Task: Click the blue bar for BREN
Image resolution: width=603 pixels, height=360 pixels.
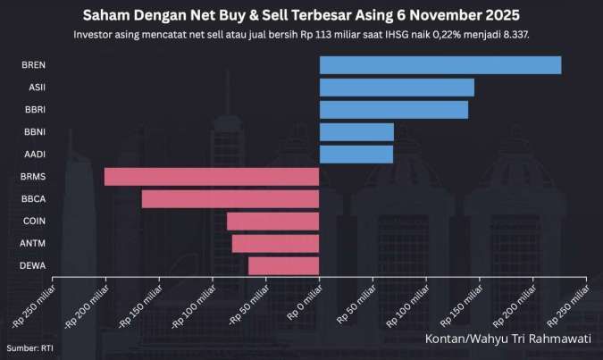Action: tap(440, 65)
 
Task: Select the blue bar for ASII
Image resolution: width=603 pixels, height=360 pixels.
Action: tap(397, 88)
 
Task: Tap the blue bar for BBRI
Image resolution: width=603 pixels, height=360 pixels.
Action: tap(393, 110)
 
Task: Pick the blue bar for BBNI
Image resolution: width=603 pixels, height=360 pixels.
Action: tap(356, 132)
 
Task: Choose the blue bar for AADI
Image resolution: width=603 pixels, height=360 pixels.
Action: tap(356, 155)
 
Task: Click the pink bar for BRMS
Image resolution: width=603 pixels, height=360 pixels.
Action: tap(212, 177)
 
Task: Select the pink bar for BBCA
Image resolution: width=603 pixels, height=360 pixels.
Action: tap(230, 198)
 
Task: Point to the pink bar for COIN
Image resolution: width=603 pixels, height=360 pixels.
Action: tap(272, 221)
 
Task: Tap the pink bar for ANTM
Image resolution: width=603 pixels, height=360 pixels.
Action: tap(275, 243)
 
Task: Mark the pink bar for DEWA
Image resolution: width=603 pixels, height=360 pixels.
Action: tap(283, 265)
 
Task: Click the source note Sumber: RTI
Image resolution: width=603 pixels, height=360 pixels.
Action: tap(29, 347)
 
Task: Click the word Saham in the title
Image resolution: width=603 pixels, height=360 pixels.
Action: tap(106, 15)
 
